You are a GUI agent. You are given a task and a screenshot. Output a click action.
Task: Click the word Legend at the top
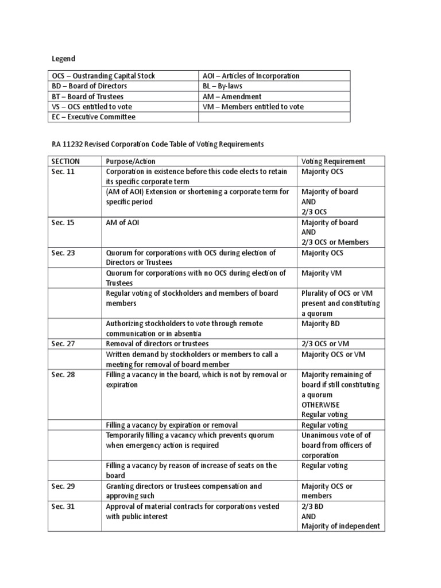tap(64, 59)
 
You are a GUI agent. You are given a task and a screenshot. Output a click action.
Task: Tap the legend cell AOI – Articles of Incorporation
tap(250, 76)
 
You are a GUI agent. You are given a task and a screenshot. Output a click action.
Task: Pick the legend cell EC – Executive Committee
tap(94, 117)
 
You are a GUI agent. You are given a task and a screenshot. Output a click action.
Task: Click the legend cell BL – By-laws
tap(223, 86)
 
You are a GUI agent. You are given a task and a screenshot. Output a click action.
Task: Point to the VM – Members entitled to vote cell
tap(253, 107)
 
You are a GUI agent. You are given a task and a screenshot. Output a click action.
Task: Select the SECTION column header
tap(65, 161)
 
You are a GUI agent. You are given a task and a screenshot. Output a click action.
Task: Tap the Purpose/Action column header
tap(130, 161)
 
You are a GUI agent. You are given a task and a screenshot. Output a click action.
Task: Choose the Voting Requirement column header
tap(333, 161)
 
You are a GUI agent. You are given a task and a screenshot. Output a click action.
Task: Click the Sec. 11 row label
tap(63, 171)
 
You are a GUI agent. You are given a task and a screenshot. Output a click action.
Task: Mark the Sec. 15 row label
tap(63, 223)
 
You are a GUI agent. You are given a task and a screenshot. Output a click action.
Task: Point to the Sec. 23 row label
tap(63, 253)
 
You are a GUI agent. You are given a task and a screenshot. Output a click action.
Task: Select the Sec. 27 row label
tap(63, 344)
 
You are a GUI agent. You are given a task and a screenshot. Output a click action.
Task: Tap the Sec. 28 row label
tap(63, 374)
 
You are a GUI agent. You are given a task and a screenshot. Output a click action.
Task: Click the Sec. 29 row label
tap(63, 486)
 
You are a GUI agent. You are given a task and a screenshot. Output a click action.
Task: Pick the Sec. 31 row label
tap(63, 506)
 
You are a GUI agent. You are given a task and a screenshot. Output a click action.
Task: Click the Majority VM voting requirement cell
tap(322, 273)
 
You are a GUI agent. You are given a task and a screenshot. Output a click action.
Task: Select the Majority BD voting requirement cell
tap(321, 324)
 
